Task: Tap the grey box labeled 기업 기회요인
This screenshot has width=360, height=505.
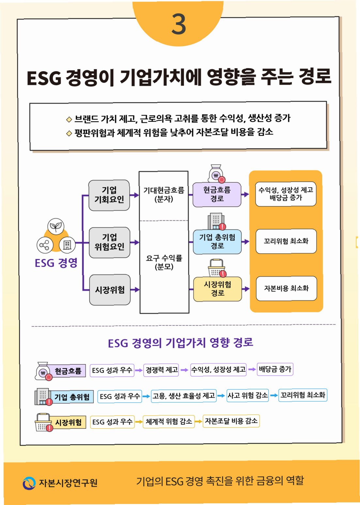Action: pyautogui.click(x=109, y=195)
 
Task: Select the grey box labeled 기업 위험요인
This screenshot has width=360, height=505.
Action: pyautogui.click(x=109, y=242)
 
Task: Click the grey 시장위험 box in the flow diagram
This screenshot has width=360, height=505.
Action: pyautogui.click(x=110, y=290)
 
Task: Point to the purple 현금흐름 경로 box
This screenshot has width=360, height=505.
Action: pyautogui.click(x=217, y=195)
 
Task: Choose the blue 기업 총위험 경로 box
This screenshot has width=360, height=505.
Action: pyautogui.click(x=217, y=242)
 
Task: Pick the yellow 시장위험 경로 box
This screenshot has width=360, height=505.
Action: pyautogui.click(x=217, y=289)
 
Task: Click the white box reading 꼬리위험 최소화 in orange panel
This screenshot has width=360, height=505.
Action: pyautogui.click(x=286, y=241)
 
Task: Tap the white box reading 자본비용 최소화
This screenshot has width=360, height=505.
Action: pyautogui.click(x=286, y=288)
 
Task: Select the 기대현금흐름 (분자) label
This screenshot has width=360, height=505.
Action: pyautogui.click(x=164, y=195)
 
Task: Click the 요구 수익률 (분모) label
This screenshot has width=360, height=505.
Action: pyautogui.click(x=164, y=262)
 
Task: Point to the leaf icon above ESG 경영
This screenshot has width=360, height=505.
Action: pyautogui.click(x=56, y=226)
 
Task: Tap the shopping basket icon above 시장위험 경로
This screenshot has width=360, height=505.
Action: pyautogui.click(x=216, y=268)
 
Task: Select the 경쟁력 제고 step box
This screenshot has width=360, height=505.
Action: pyautogui.click(x=162, y=370)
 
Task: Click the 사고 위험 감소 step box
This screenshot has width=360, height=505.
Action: pyautogui.click(x=247, y=395)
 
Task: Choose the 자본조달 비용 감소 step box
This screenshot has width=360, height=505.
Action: pyautogui.click(x=231, y=421)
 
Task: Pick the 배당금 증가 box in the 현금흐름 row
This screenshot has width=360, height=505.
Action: pyautogui.click(x=275, y=369)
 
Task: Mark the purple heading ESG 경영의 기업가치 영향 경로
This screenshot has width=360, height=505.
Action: pyautogui.click(x=180, y=343)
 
